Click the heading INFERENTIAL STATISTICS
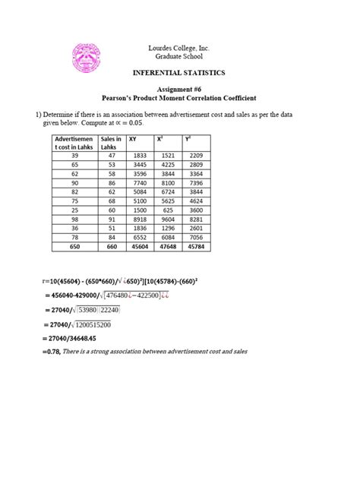(179, 74)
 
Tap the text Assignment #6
(180, 90)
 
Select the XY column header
(134, 139)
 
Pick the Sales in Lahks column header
(111, 144)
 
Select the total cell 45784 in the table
(197, 246)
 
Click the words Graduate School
(179, 57)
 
